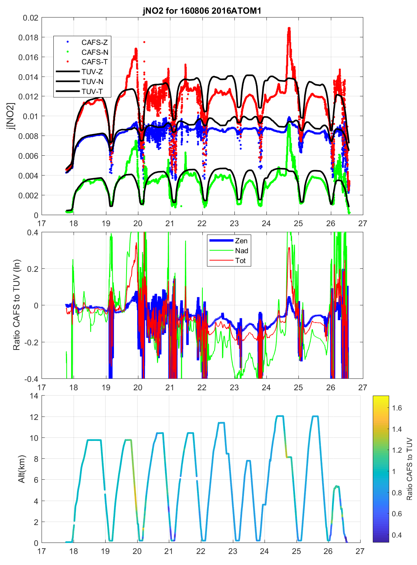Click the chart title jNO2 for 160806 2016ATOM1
click(x=202, y=10)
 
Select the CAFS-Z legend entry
click(x=95, y=42)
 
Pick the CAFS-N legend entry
click(x=95, y=52)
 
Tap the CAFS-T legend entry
click(x=95, y=62)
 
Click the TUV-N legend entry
click(x=92, y=81)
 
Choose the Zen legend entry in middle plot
click(x=241, y=241)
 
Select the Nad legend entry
click(x=241, y=251)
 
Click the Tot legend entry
click(x=241, y=260)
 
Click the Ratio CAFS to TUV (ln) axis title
click(x=16, y=305)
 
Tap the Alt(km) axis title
click(x=21, y=469)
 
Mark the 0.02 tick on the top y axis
click(x=30, y=18)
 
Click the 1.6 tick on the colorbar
click(x=397, y=408)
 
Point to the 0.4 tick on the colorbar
click(x=397, y=535)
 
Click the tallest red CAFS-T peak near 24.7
click(x=289, y=28)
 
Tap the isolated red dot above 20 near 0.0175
click(x=144, y=42)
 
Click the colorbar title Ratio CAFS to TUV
click(x=409, y=469)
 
